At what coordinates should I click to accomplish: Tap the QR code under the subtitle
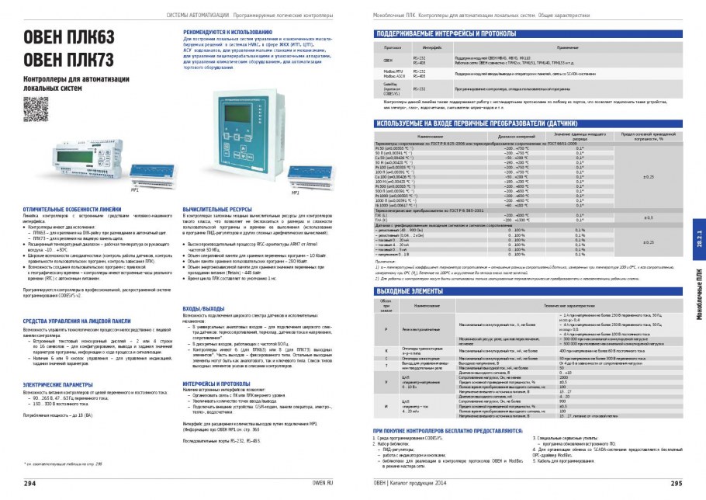[x=31, y=104]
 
